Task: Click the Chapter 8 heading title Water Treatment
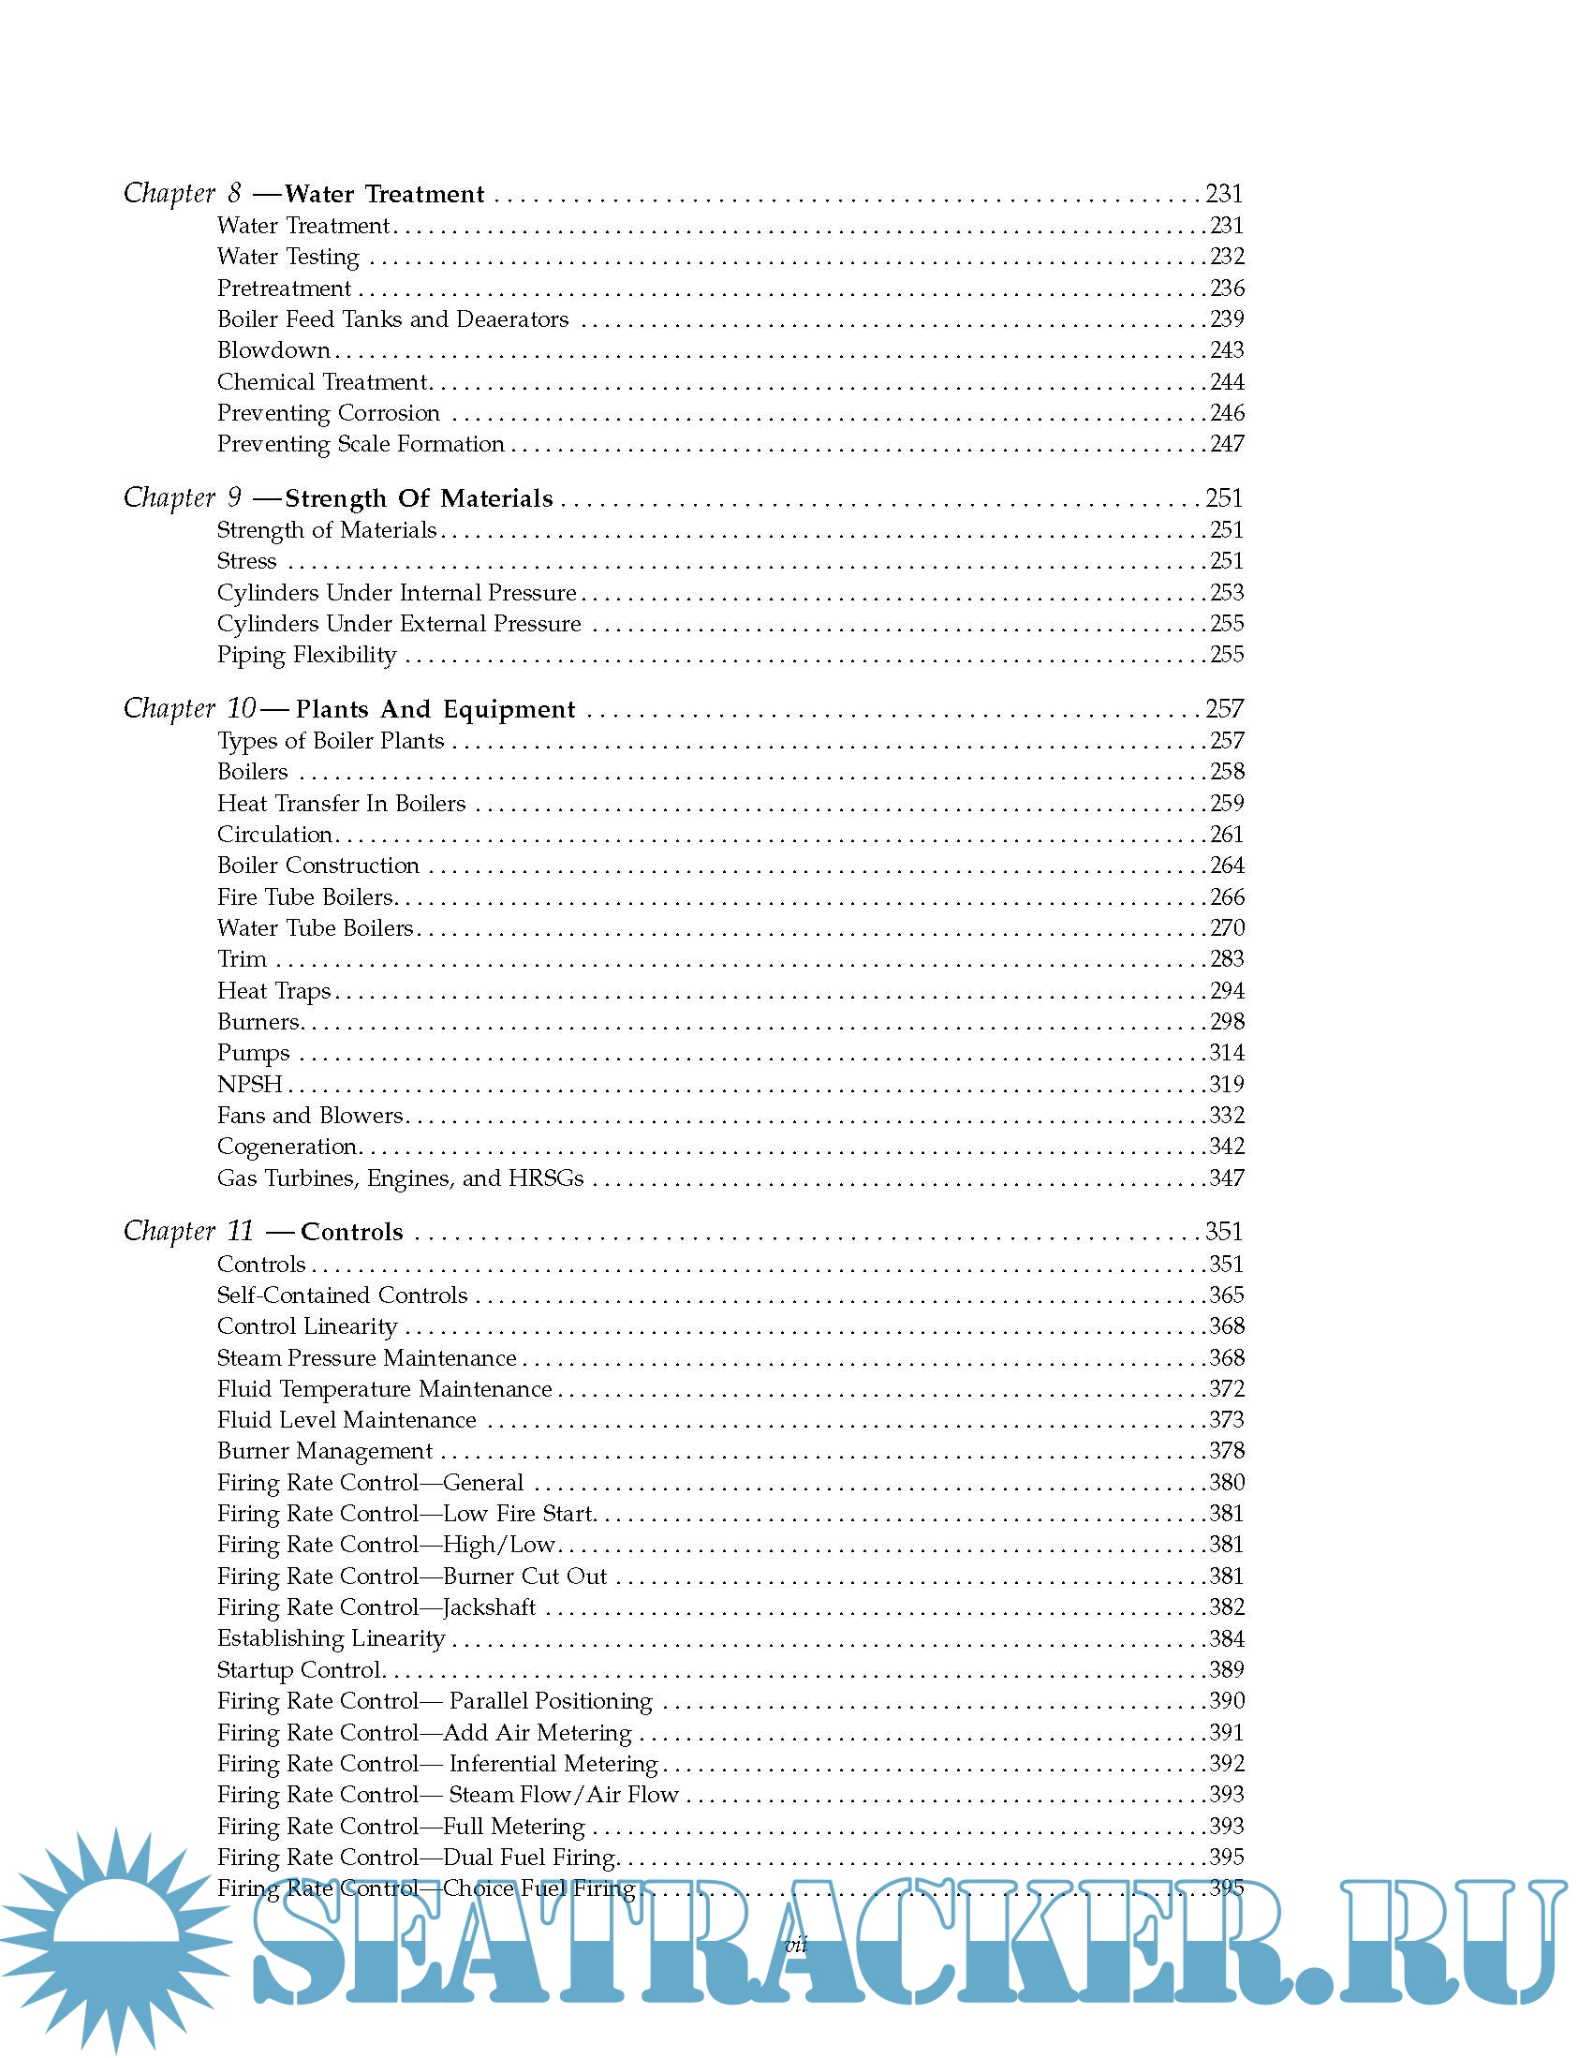pos(384,194)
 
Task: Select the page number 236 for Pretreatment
pos(1227,288)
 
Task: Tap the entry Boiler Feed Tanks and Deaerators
pos(392,319)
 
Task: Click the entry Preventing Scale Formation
pos(361,444)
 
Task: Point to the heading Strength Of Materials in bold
pos(420,498)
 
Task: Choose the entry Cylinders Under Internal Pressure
pos(396,593)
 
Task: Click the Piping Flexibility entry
pos(307,655)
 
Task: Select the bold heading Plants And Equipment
pos(435,709)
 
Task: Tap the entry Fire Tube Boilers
pos(305,897)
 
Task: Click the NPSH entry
pos(250,1085)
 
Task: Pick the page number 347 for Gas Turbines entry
pos(1227,1177)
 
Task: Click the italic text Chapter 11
pos(188,1232)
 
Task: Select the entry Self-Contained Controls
pos(342,1296)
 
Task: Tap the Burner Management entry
pos(325,1451)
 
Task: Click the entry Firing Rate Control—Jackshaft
pos(376,1607)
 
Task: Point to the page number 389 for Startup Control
pos(1227,1670)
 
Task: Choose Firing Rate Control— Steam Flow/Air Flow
pos(448,1795)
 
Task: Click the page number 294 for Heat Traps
pos(1227,991)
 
